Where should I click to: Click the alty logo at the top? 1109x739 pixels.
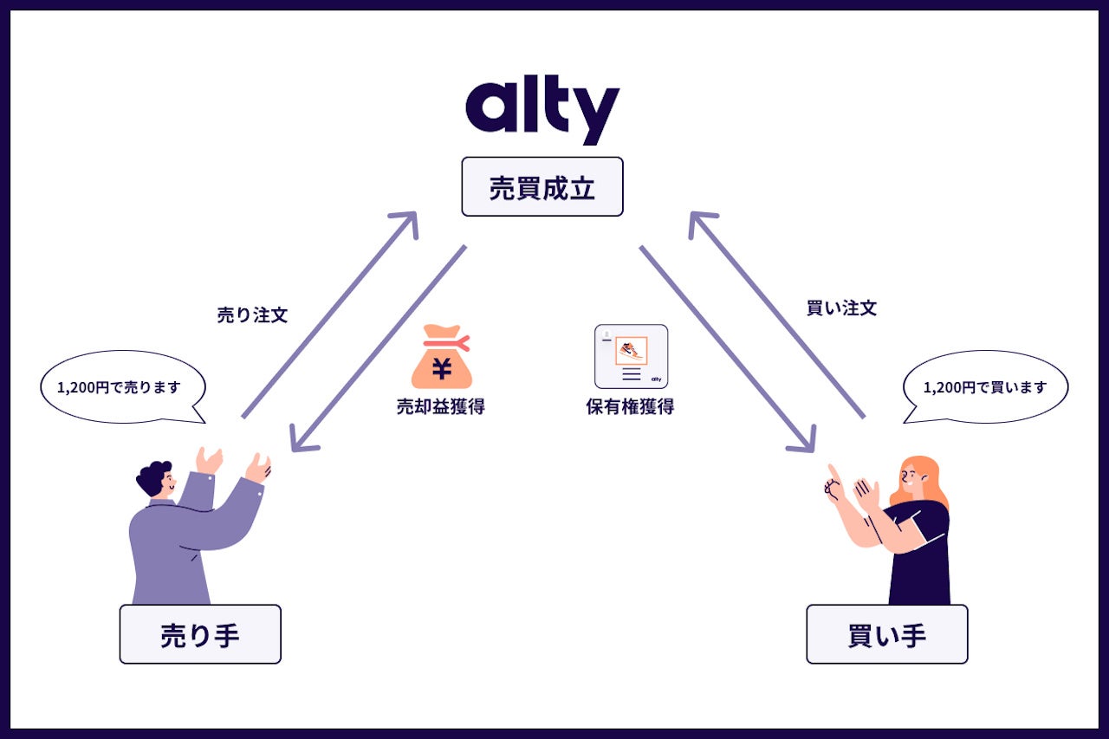tap(542, 111)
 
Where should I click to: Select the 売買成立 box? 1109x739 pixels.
tap(542, 186)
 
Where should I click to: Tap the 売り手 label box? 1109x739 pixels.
tap(200, 634)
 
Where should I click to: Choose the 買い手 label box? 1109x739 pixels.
tap(886, 634)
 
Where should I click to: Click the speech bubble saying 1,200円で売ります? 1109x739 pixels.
tap(122, 387)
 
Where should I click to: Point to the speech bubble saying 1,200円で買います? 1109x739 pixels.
tap(985, 387)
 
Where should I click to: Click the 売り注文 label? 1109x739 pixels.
tap(252, 315)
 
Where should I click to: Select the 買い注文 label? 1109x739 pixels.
tap(841, 308)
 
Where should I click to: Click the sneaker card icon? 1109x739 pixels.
tap(631, 356)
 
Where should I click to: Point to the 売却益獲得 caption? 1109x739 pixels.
tap(440, 407)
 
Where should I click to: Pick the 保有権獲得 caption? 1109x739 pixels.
tap(630, 407)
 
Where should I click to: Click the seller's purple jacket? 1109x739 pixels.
tap(173, 546)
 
